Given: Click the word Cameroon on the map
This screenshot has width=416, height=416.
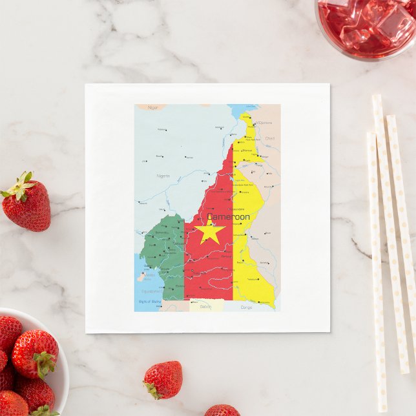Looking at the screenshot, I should pyautogui.click(x=229, y=216).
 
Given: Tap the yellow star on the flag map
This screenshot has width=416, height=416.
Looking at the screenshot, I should pyautogui.click(x=211, y=231).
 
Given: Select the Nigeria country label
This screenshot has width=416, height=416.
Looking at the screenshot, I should pyautogui.click(x=163, y=176).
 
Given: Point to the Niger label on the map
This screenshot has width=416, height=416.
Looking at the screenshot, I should pyautogui.click(x=152, y=107).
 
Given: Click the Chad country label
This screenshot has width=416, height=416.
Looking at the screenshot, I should pyautogui.click(x=269, y=138).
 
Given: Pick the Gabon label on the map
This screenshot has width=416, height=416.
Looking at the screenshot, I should pyautogui.click(x=205, y=306).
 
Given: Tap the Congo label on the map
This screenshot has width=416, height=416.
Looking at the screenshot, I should pyautogui.click(x=246, y=307).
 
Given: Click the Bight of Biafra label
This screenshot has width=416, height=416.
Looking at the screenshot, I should pyautogui.click(x=149, y=302).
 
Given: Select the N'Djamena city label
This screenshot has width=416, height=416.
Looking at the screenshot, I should pyautogui.click(x=264, y=122).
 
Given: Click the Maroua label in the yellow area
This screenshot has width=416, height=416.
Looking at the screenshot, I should pyautogui.click(x=247, y=151).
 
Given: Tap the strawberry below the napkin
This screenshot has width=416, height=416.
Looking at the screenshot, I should pyautogui.click(x=163, y=380).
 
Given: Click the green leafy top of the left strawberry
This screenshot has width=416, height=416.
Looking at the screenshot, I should pyautogui.click(x=19, y=186).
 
